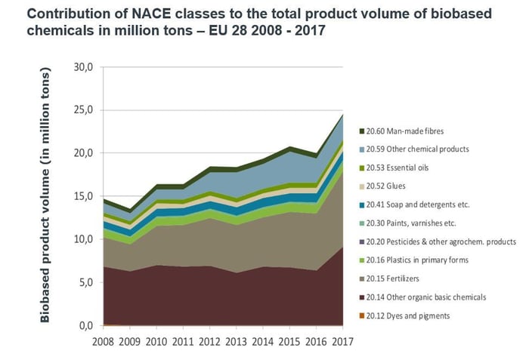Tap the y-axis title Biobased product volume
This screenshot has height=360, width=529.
pos(45,195)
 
